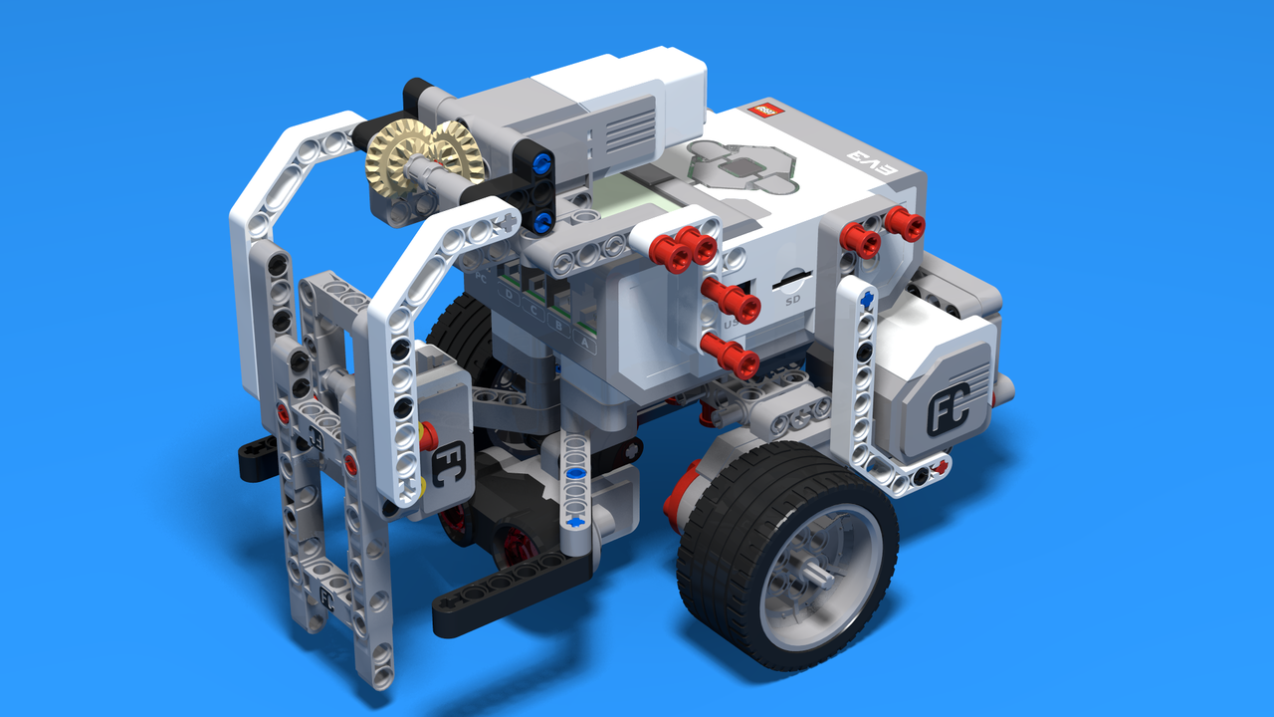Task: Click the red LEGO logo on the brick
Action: (x=766, y=111)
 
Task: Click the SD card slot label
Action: (x=793, y=299)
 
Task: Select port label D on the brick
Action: (x=510, y=295)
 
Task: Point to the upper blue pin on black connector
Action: (x=541, y=161)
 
